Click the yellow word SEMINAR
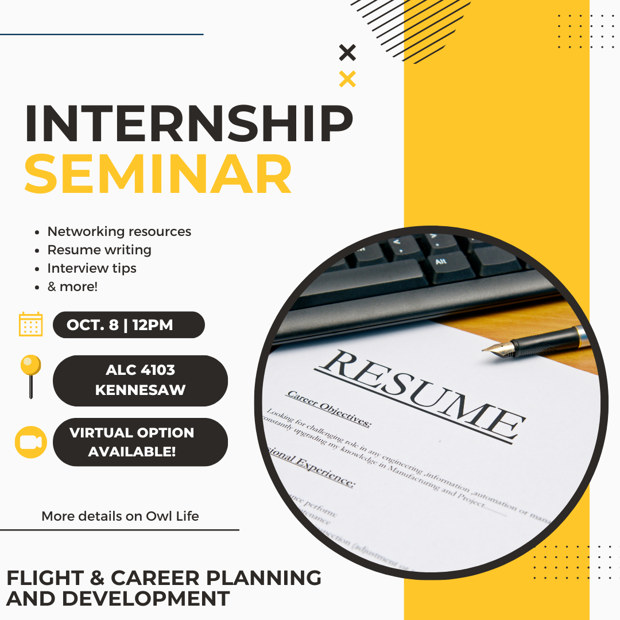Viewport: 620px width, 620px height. click(x=158, y=173)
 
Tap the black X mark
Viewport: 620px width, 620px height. click(x=347, y=53)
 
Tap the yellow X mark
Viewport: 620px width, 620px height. click(x=347, y=79)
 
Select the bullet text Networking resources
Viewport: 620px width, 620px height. click(x=119, y=231)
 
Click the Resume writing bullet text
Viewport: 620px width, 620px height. click(x=99, y=250)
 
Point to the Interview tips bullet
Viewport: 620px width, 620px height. click(x=92, y=268)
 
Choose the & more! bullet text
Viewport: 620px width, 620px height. click(x=72, y=286)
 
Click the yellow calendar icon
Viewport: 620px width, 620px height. click(x=31, y=324)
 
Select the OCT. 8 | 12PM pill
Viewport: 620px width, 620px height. click(x=129, y=325)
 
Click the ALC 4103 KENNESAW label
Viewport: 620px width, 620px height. click(x=140, y=381)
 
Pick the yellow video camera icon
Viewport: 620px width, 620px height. click(x=31, y=442)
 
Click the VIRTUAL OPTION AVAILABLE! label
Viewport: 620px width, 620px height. click(x=140, y=442)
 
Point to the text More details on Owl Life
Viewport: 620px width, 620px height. click(x=120, y=516)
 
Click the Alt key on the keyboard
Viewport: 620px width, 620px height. click(x=440, y=262)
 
